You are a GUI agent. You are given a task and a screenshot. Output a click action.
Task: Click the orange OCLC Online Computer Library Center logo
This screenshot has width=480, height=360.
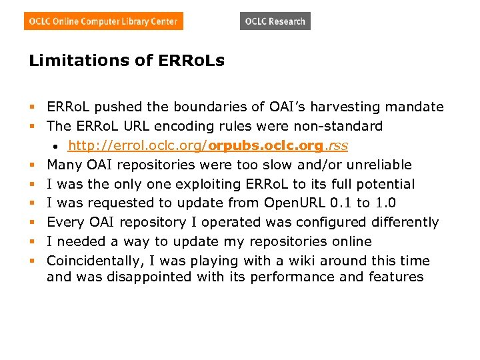(103, 21)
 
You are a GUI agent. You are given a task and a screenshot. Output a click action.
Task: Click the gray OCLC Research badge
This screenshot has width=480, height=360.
(275, 21)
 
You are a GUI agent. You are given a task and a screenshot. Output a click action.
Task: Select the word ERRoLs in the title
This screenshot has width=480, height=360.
(191, 61)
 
